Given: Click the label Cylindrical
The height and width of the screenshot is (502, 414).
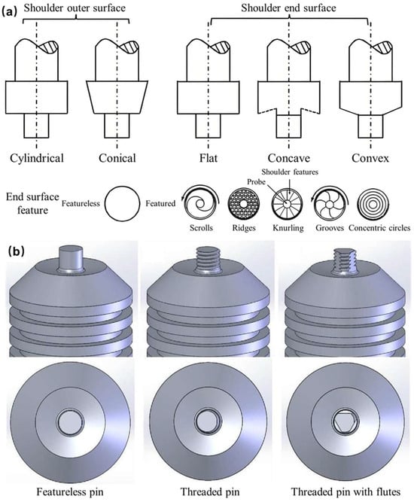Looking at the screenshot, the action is [x=37, y=158].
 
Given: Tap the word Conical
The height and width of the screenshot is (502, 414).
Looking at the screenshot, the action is [x=117, y=158].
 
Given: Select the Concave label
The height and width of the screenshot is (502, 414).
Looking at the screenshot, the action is [x=289, y=158].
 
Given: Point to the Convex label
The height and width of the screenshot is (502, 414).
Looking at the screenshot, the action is [x=370, y=158].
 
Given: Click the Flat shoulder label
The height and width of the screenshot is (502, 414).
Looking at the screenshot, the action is [x=208, y=158].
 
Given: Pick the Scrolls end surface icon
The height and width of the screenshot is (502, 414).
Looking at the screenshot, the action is [x=200, y=203].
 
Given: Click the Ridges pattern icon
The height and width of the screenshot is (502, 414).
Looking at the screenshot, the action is [x=244, y=204].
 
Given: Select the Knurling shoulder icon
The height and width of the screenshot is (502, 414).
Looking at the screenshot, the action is [x=288, y=204].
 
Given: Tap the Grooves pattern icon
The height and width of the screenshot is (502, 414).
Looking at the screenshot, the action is [x=330, y=203].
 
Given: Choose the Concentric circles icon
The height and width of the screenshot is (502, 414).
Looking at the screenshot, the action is [x=373, y=204].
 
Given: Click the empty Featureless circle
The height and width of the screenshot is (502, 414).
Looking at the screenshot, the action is [x=122, y=204].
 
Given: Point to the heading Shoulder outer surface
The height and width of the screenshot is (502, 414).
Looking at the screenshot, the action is [x=75, y=8].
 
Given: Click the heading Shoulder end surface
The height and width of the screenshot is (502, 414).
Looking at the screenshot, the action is [x=288, y=8].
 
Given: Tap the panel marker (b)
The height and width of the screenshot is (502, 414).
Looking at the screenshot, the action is [x=16, y=251].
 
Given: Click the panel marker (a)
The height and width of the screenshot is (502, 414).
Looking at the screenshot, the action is [x=9, y=12].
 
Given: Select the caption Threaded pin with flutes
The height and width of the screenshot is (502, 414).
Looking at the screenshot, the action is [x=346, y=491].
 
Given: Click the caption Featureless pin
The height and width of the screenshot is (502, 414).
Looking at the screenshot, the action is [x=70, y=491].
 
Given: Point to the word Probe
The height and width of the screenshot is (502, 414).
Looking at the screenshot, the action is [x=256, y=182].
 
